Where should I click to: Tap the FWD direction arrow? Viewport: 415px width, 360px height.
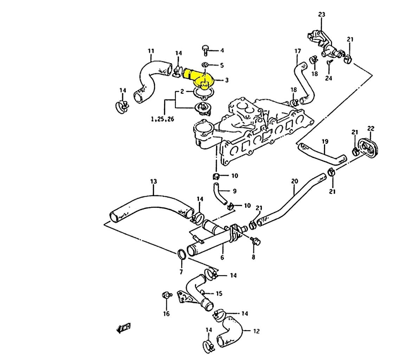click(x=124, y=328)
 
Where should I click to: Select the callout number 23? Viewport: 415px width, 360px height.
click(x=322, y=14)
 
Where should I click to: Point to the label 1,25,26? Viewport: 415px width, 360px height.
click(x=162, y=120)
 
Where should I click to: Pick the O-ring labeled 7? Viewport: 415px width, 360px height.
click(x=181, y=254)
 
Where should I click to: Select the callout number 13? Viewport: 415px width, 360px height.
click(x=154, y=181)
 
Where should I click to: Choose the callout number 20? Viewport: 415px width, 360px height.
click(x=294, y=181)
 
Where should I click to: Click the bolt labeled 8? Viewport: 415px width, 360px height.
click(x=255, y=241)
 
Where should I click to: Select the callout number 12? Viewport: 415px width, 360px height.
click(x=256, y=331)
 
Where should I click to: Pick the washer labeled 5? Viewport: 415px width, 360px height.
click(x=205, y=65)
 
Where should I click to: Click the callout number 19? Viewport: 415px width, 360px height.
click(x=325, y=142)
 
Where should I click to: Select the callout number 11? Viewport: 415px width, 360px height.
click(x=151, y=51)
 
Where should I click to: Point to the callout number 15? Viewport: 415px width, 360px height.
click(x=219, y=293)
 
